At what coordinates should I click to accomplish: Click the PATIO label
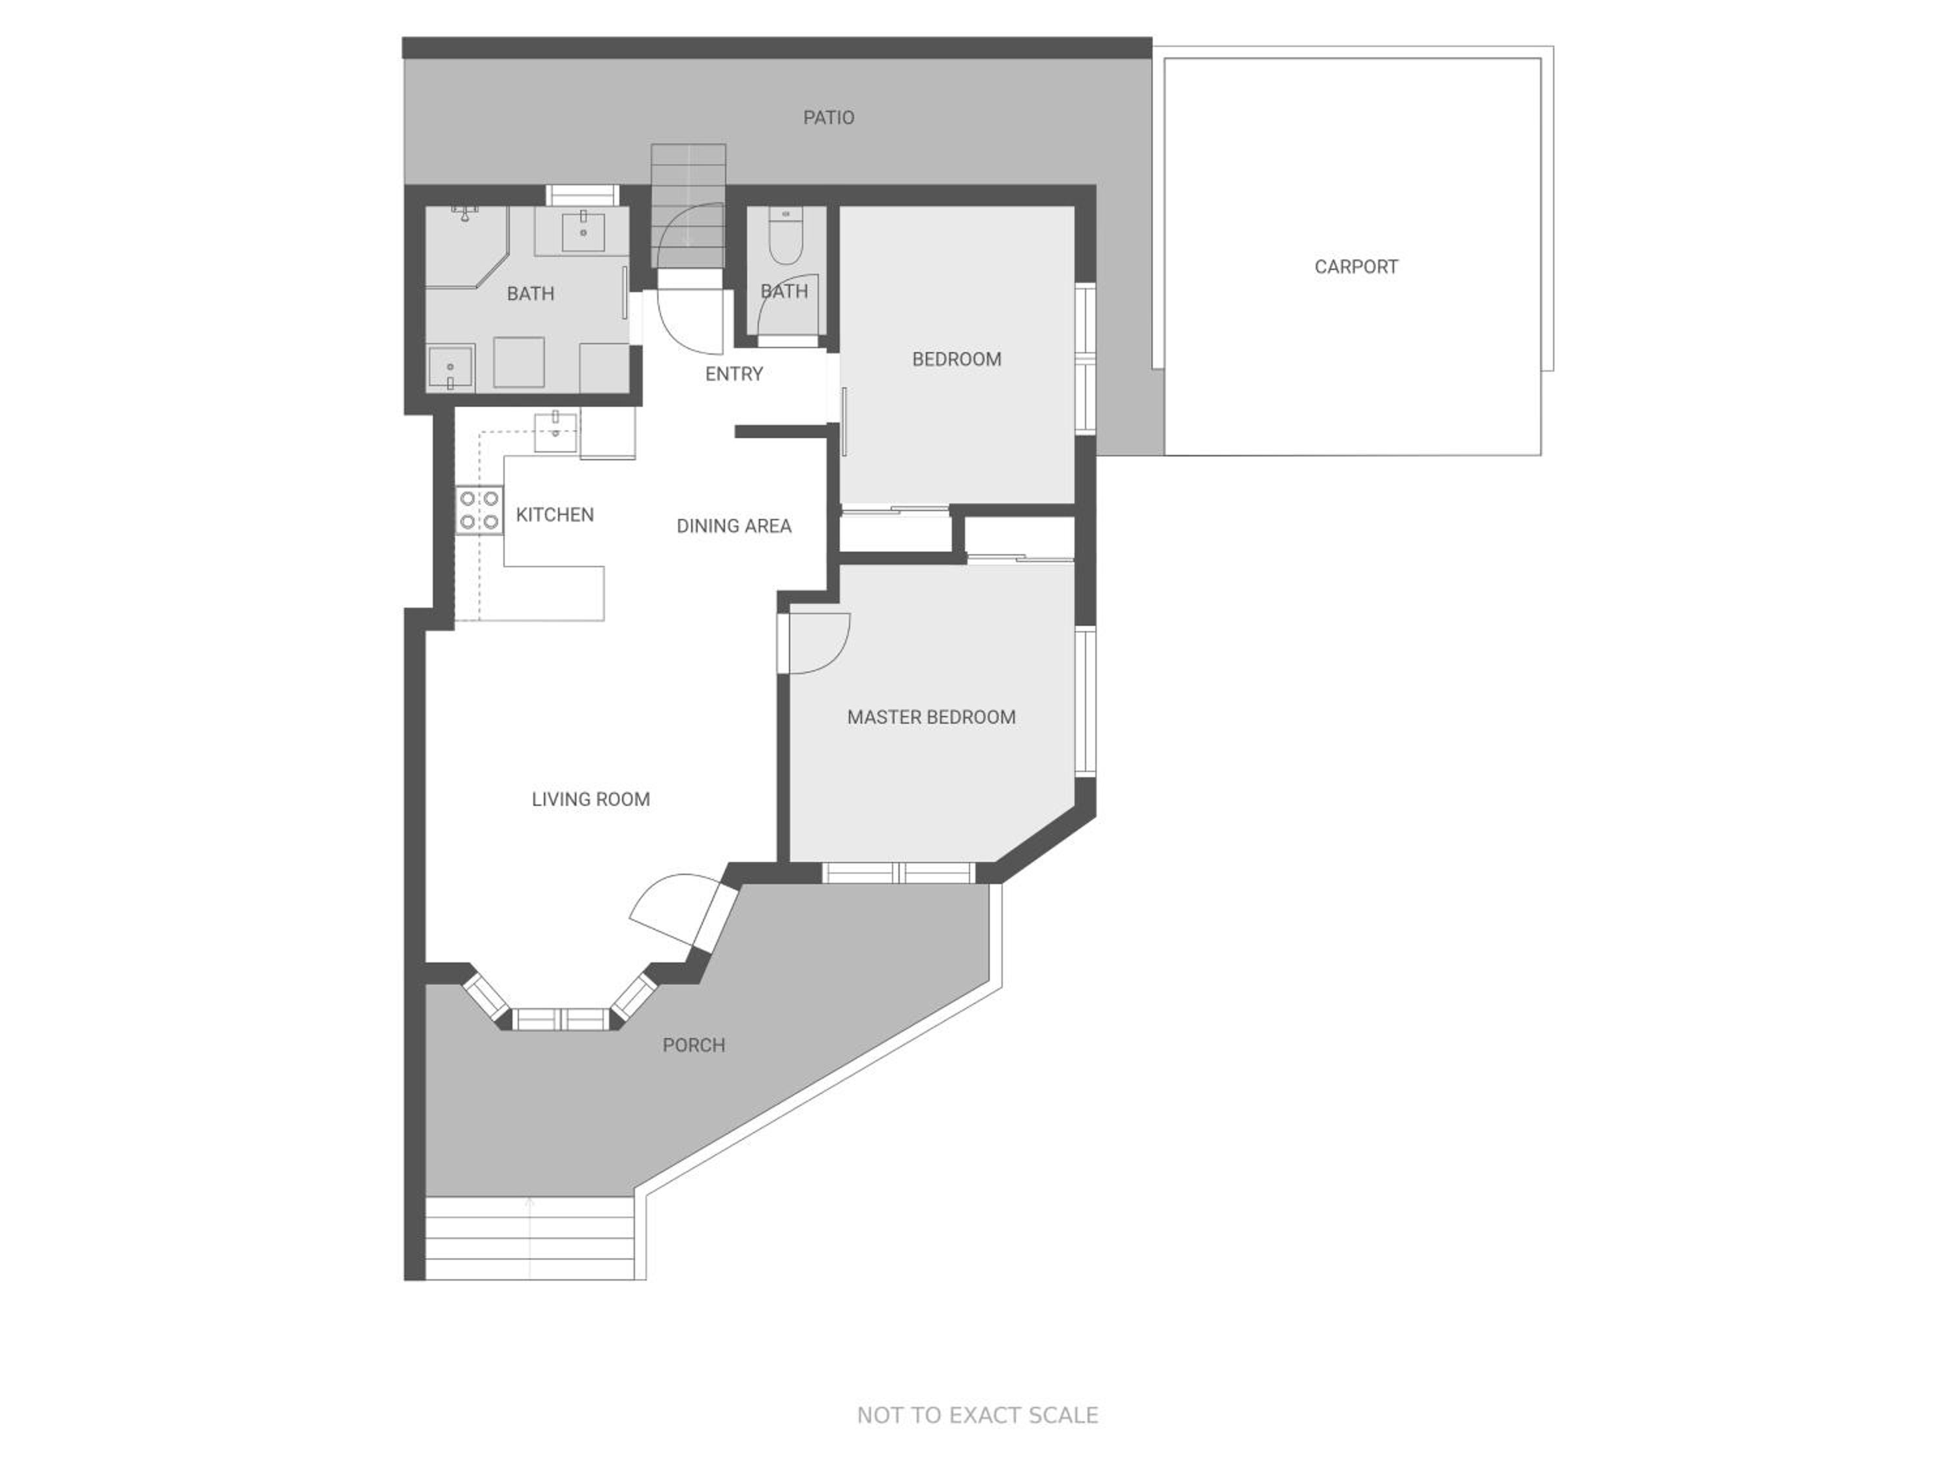click(x=829, y=117)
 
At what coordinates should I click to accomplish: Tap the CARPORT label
click(x=1356, y=267)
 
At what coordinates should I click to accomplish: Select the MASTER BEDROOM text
click(x=931, y=717)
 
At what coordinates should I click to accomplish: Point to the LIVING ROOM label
click(x=591, y=799)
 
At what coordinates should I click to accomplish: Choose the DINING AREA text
click(x=734, y=526)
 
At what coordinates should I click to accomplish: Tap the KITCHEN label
click(x=554, y=514)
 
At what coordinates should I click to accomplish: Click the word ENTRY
click(x=734, y=374)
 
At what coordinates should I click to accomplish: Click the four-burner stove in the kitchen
click(x=479, y=511)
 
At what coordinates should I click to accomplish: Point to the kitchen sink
click(x=556, y=432)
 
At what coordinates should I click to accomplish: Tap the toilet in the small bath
click(x=784, y=236)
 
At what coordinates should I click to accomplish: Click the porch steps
click(x=529, y=1238)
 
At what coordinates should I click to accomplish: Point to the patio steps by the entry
click(x=688, y=205)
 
